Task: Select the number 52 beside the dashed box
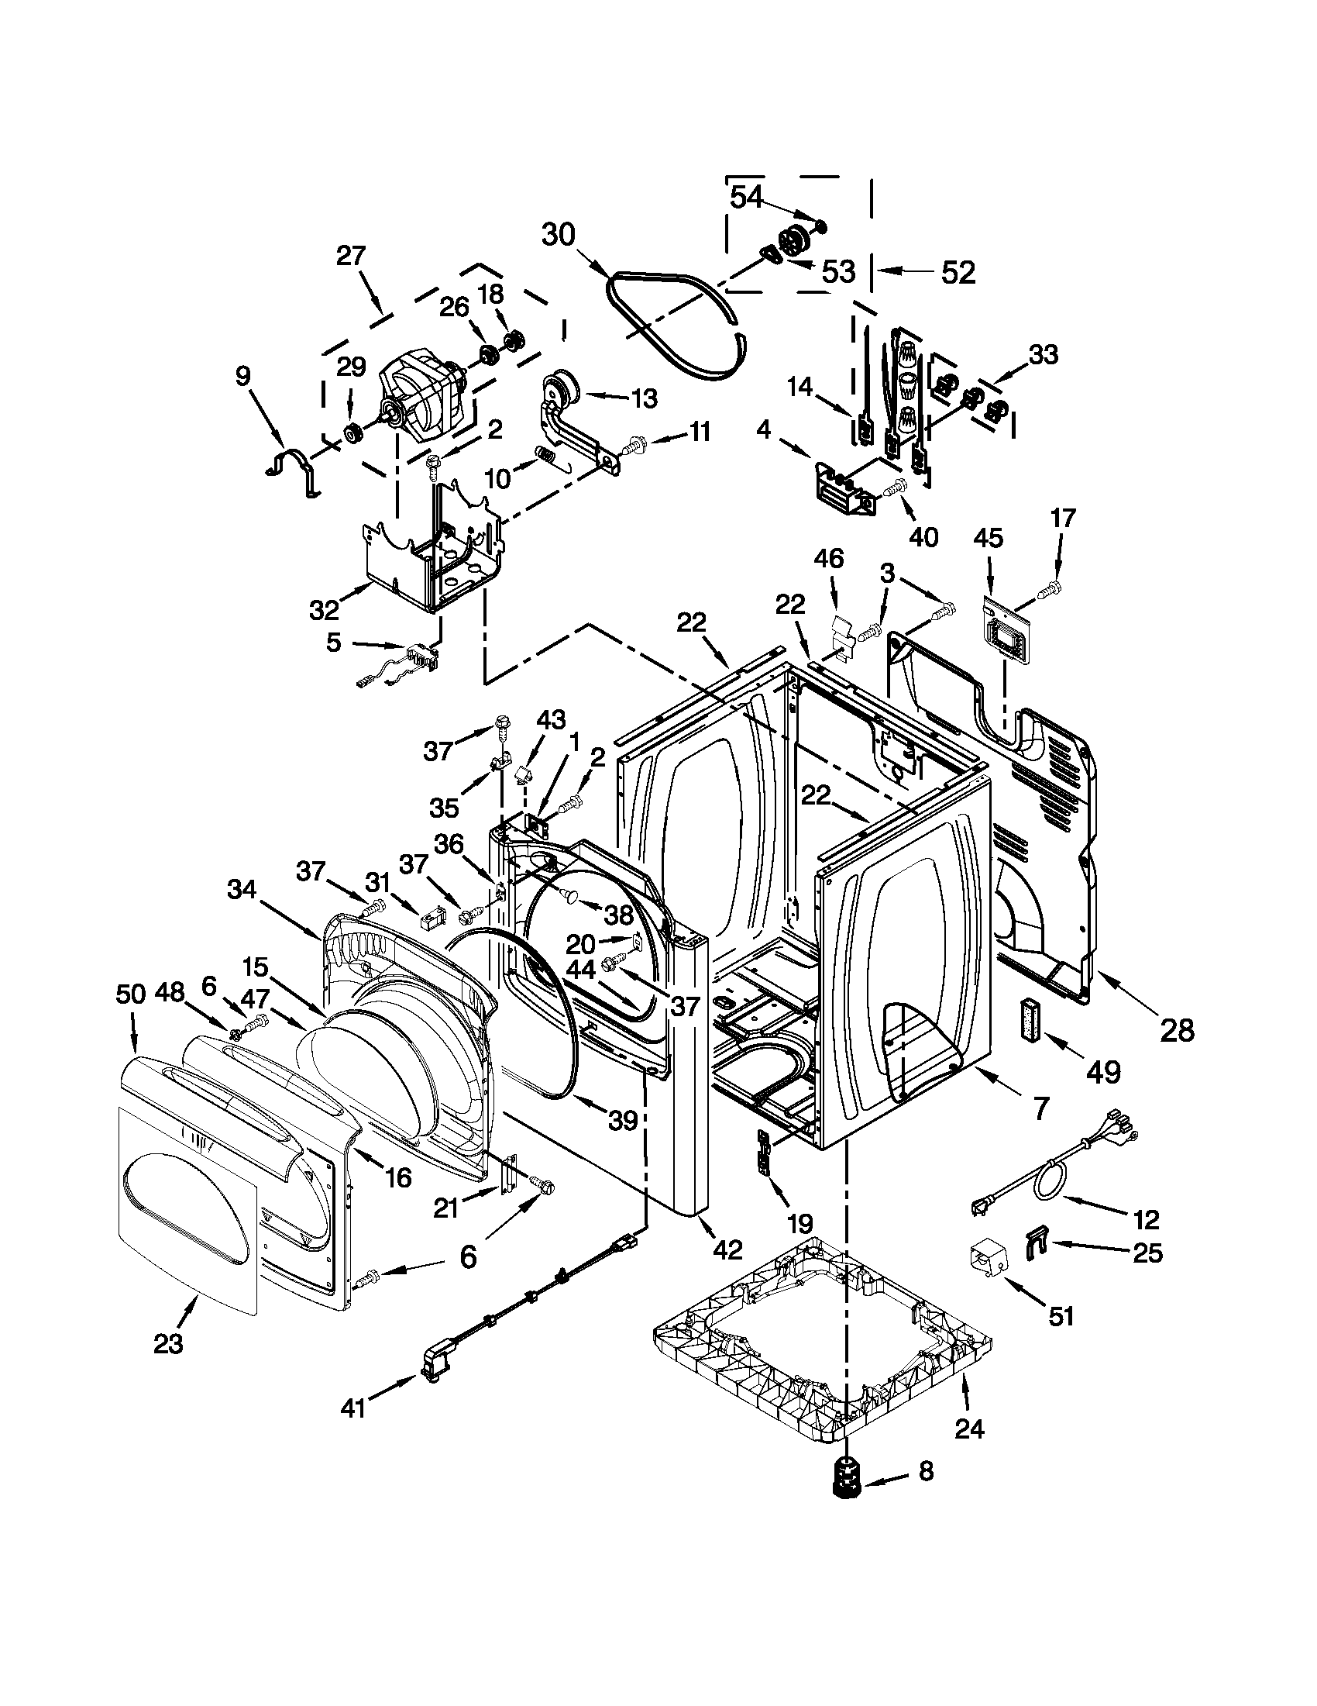click(x=958, y=273)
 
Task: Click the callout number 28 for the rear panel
click(x=1177, y=1031)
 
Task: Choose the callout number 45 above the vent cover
click(x=989, y=538)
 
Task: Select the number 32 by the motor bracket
click(x=324, y=609)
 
